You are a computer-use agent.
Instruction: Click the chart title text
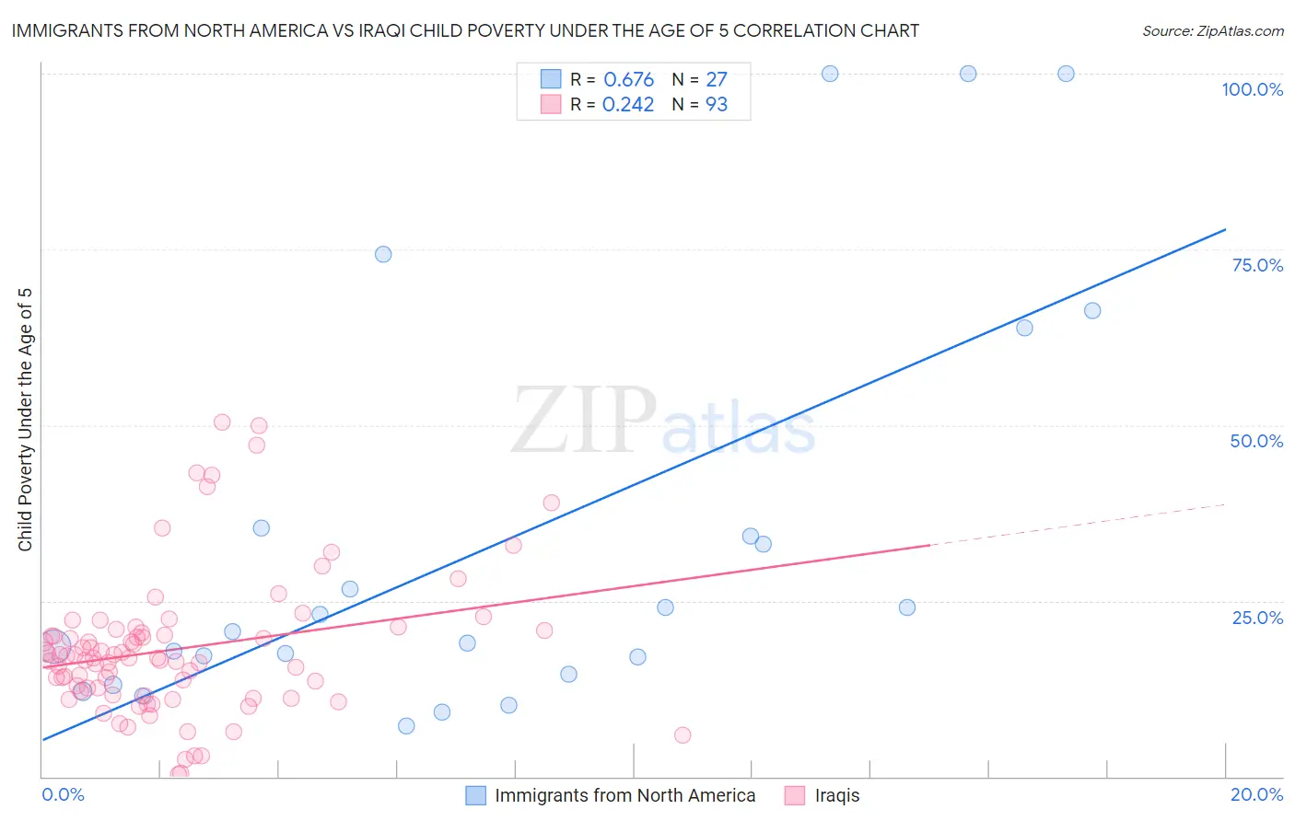(x=465, y=31)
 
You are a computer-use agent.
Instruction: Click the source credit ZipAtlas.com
(x=1212, y=31)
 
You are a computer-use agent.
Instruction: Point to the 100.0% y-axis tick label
(x=1252, y=89)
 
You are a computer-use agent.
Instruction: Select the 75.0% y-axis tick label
(x=1257, y=265)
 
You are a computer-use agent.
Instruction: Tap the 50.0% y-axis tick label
(x=1256, y=441)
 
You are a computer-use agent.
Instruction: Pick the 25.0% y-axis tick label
(x=1257, y=617)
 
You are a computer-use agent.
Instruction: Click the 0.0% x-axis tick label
(x=63, y=794)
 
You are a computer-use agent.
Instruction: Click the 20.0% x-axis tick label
(x=1256, y=794)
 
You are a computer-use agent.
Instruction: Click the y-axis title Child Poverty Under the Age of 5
(x=26, y=420)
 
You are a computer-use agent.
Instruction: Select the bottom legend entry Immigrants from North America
(x=624, y=795)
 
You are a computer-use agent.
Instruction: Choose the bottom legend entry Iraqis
(x=836, y=795)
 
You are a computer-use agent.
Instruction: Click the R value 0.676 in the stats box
(x=628, y=80)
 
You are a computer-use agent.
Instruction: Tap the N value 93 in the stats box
(x=717, y=105)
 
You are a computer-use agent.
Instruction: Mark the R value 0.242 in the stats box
(x=628, y=105)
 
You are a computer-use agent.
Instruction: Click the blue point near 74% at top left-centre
(x=383, y=254)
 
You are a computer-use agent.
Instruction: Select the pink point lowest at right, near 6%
(x=682, y=734)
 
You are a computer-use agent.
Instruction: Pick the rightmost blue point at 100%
(x=1066, y=74)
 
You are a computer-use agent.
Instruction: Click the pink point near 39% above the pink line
(x=552, y=503)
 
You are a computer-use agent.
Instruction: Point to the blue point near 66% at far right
(x=1092, y=310)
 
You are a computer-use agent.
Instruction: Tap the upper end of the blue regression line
(x=1225, y=229)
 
